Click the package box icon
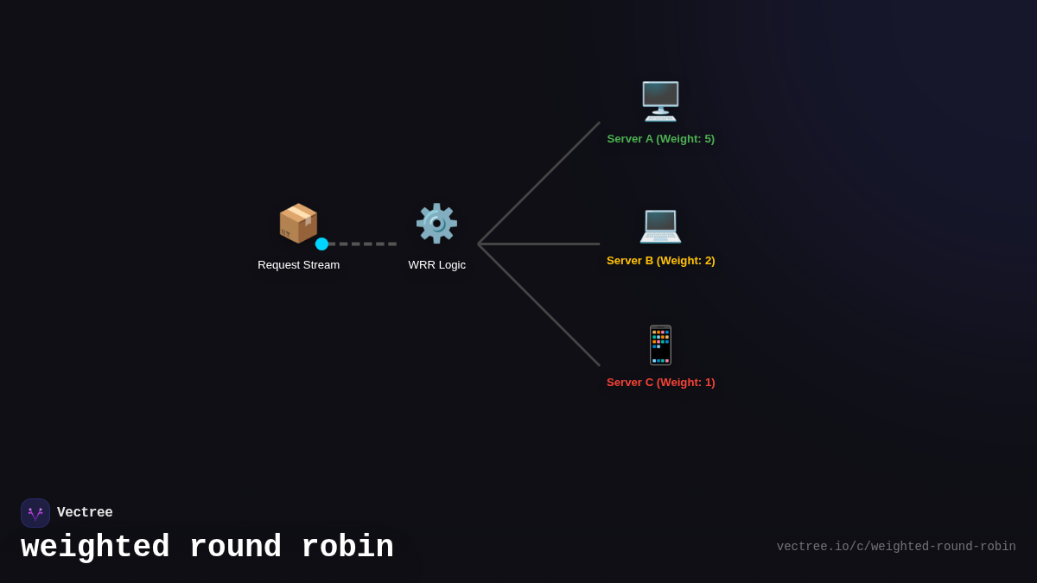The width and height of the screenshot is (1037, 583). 298,223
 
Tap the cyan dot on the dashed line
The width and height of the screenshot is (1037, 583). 321,244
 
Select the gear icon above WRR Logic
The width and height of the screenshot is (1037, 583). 436,223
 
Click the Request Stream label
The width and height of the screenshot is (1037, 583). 298,264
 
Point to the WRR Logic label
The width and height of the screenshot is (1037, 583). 436,264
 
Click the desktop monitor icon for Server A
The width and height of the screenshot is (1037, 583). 660,101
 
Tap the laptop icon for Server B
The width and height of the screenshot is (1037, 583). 660,225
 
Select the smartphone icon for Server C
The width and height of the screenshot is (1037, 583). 660,345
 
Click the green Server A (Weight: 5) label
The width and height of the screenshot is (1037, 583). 660,138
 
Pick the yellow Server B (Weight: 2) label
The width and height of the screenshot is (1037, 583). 660,260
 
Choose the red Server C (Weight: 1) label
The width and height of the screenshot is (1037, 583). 660,382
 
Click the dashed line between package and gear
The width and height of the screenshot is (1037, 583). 363,244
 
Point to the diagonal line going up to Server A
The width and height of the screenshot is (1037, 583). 539,183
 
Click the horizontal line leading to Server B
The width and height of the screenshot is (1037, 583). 539,244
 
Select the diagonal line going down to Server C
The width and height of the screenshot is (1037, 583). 539,305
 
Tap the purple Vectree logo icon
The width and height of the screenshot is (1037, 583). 35,513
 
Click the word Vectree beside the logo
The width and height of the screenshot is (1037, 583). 85,513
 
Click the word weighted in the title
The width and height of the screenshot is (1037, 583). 95,548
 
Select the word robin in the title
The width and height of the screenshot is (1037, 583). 347,548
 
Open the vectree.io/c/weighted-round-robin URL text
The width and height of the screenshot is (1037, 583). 895,547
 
